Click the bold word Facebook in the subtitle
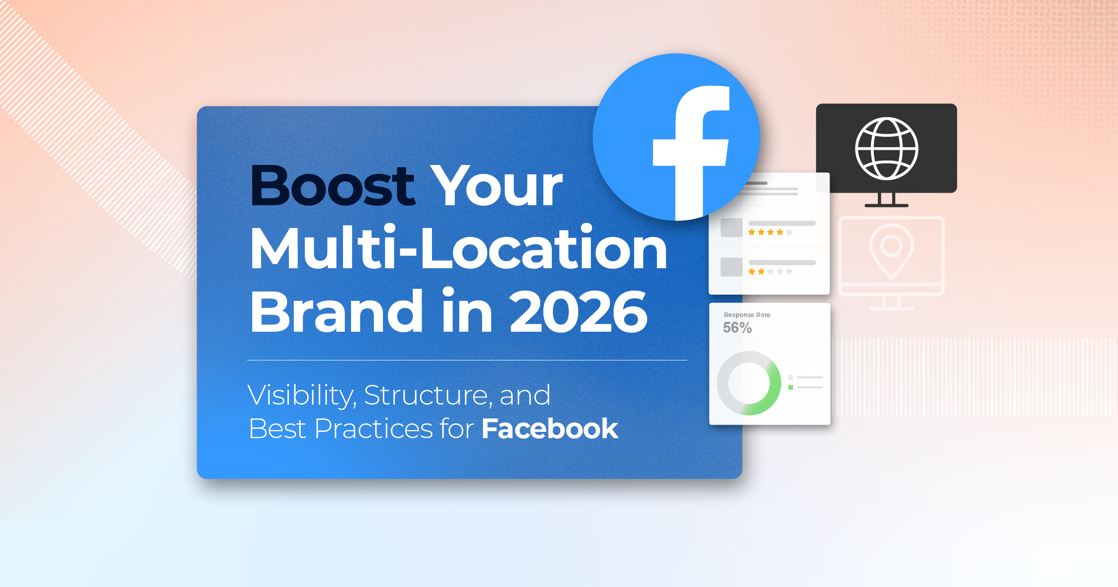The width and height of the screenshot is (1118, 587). (550, 429)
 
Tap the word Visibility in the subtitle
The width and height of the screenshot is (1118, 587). (302, 395)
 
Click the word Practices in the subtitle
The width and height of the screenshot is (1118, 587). (373, 429)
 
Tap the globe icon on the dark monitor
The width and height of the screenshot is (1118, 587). (886, 148)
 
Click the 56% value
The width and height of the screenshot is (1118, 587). (737, 328)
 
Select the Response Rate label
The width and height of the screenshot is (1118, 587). (747, 315)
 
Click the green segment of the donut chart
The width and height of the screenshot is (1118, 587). (771, 393)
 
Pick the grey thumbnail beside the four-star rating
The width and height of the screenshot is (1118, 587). (731, 228)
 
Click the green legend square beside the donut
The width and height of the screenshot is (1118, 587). (791, 387)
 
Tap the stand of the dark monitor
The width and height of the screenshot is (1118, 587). (886, 200)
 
